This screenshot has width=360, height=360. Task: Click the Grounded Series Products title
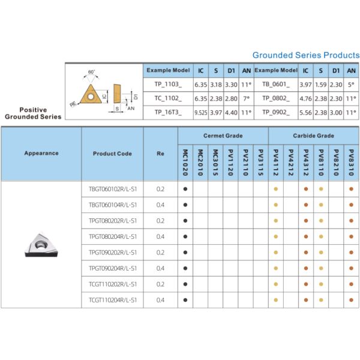(x=306, y=55)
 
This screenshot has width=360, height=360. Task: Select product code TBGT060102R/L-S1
(x=112, y=189)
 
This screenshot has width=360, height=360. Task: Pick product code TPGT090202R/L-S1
(x=112, y=252)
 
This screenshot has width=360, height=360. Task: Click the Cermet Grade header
(x=223, y=136)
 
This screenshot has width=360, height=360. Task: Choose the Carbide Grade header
(x=313, y=136)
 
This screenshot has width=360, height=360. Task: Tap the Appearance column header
(x=41, y=153)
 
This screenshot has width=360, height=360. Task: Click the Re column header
(x=160, y=154)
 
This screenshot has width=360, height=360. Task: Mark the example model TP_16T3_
(x=168, y=112)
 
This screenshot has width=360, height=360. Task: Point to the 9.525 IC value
(x=201, y=112)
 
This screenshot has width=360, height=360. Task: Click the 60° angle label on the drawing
(x=91, y=72)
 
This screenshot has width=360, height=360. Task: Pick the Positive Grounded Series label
(x=33, y=113)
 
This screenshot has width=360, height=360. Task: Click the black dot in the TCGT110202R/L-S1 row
(x=185, y=284)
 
